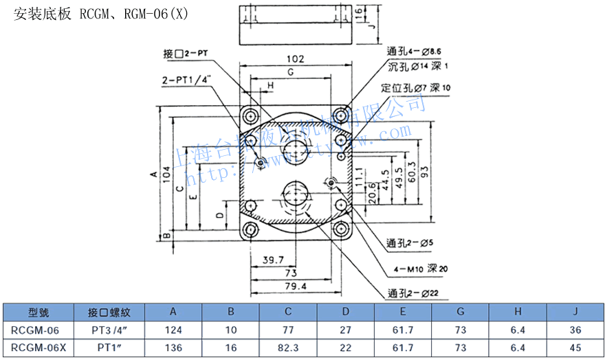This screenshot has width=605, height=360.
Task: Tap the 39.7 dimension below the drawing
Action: pyautogui.click(x=273, y=259)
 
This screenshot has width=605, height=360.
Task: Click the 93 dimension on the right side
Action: pyautogui.click(x=426, y=170)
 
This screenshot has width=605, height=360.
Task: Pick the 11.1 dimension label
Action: pyautogui.click(x=360, y=180)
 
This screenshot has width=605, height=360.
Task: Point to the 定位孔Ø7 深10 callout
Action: pyautogui.click(x=416, y=88)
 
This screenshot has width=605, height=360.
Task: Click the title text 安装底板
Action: pyautogui.click(x=42, y=14)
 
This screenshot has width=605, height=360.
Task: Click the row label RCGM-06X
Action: pyautogui.click(x=39, y=348)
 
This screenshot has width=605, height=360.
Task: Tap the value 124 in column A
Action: pyautogui.click(x=174, y=330)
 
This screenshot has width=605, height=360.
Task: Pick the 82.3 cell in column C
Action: pyautogui.click(x=289, y=348)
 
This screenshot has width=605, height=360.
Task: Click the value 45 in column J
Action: pyautogui.click(x=575, y=348)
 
